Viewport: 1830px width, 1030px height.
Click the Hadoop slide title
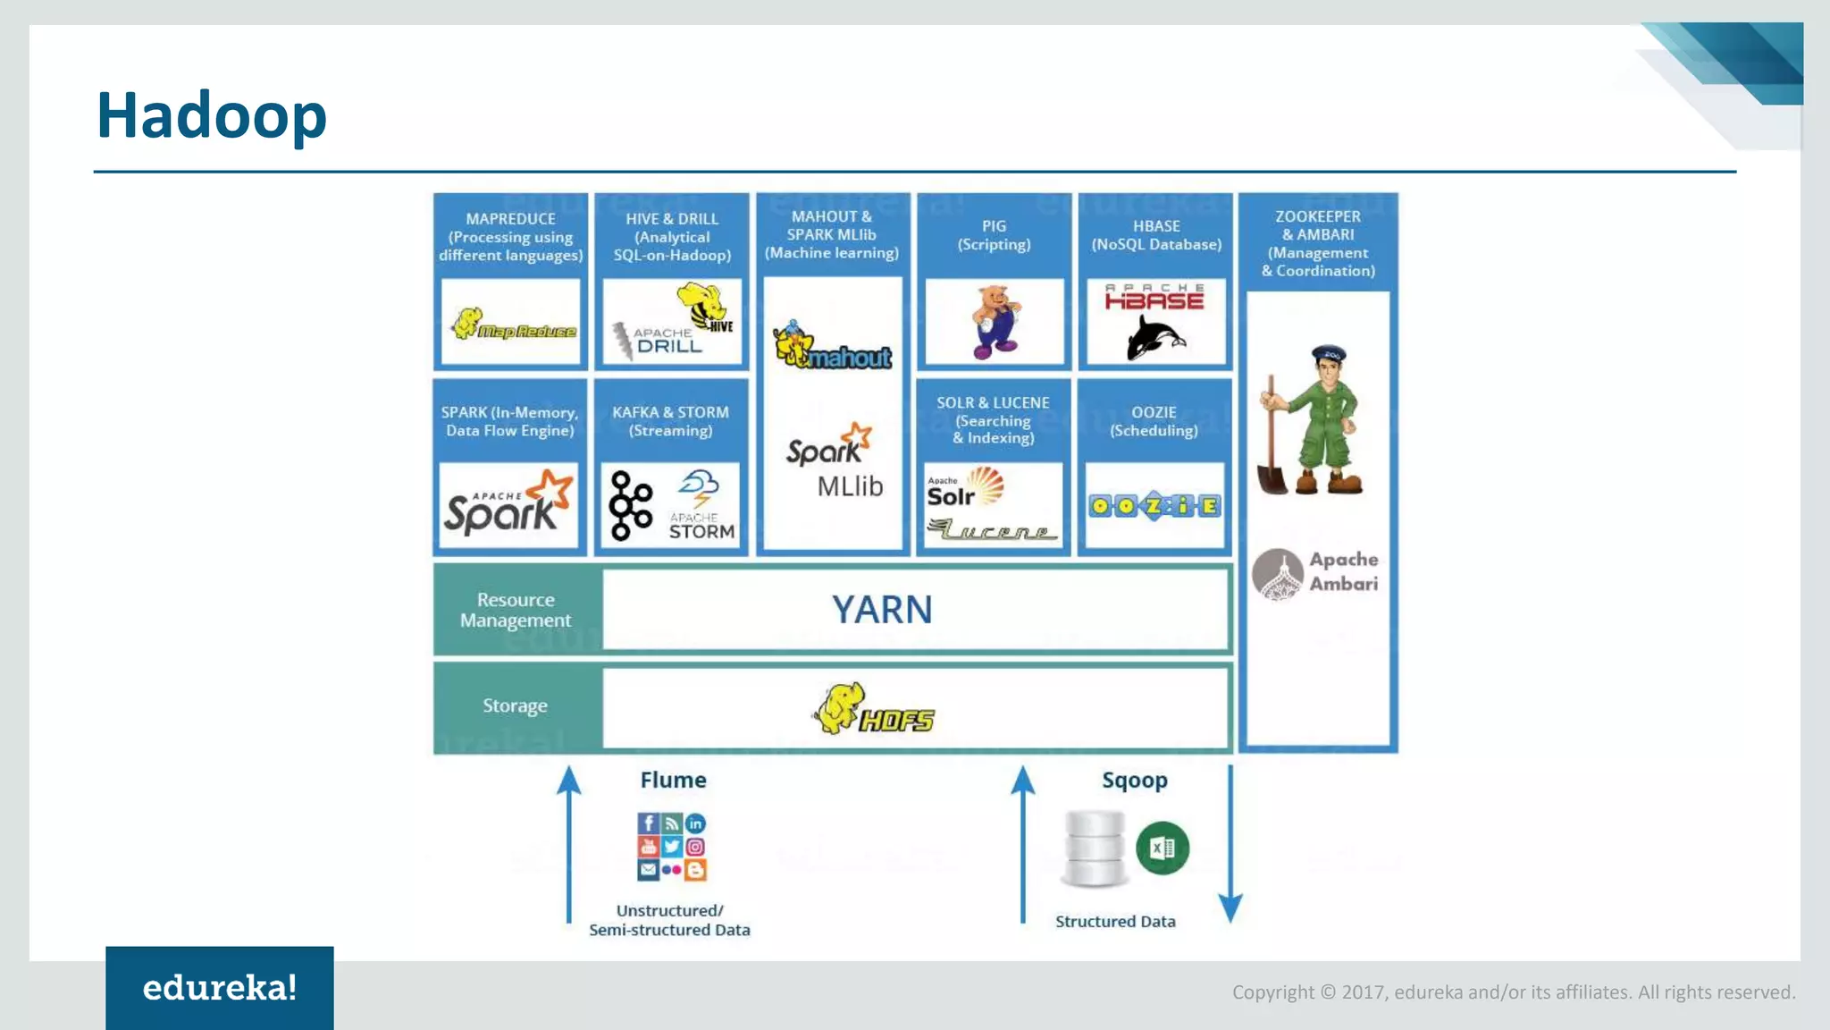[212, 116]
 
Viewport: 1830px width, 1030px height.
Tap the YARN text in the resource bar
[882, 611]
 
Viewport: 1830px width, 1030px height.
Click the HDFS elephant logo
[872, 709]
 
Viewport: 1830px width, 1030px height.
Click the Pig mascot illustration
[995, 322]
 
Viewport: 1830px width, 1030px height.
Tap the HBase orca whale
[1154, 339]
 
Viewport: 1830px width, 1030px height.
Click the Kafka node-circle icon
[631, 506]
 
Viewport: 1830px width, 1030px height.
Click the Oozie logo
[1154, 507]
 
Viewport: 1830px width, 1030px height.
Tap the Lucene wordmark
[992, 531]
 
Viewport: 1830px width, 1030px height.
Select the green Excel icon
[1162, 848]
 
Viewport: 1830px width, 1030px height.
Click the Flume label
[673, 781]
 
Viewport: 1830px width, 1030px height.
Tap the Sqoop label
[1134, 781]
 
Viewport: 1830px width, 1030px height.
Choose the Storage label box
[516, 706]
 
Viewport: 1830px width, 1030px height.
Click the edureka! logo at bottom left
[220, 988]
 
